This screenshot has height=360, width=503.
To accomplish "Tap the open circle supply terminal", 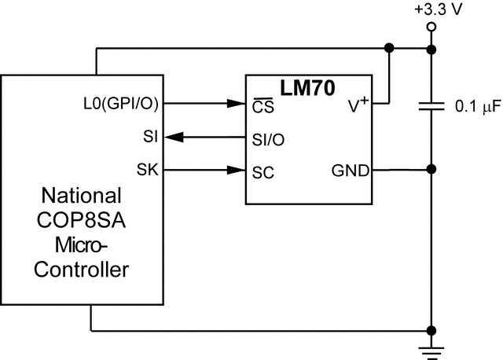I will coord(431,27).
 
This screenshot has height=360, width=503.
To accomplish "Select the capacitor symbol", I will coord(431,108).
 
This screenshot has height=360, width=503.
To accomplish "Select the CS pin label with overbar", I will coord(262,105).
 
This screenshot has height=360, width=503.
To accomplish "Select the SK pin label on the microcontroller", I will coord(148,170).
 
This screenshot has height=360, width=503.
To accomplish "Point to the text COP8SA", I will coord(82,220).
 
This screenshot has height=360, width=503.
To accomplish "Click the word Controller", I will coord(82,270).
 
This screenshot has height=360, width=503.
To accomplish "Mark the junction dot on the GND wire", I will coord(431,170).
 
